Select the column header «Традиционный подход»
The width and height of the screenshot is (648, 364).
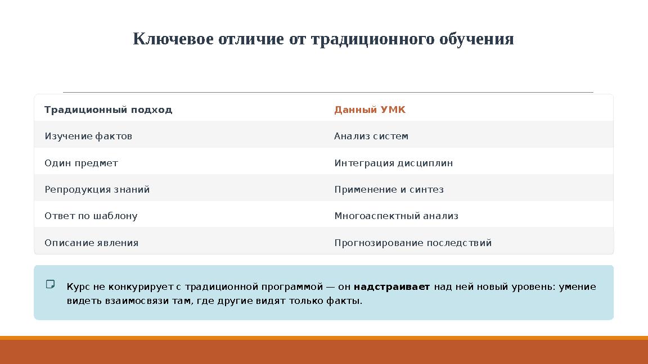point(108,110)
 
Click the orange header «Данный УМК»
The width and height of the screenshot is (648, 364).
point(370,110)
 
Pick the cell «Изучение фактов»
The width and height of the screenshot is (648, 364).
point(88,136)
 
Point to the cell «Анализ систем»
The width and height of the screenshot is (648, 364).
point(371,136)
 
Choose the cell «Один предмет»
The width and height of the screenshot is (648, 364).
point(81,163)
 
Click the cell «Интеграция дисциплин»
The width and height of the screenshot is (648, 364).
point(393,163)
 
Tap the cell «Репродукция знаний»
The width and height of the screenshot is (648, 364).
point(97,189)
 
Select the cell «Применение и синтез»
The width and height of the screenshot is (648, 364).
point(389,189)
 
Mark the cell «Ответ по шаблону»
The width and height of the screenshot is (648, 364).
point(91,216)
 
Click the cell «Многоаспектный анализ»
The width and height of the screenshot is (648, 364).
point(396,216)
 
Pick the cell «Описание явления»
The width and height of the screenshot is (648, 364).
point(91,243)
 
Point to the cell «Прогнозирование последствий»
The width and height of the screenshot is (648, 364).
point(413,243)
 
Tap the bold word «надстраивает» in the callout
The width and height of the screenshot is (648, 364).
point(391,287)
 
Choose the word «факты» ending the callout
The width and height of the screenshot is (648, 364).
point(344,301)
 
